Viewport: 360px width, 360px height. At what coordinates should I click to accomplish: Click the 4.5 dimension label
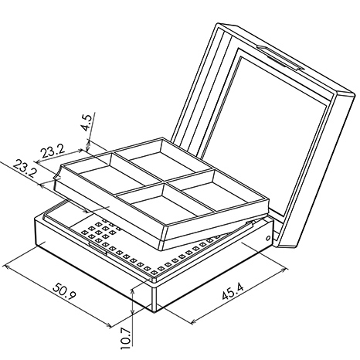[87, 123]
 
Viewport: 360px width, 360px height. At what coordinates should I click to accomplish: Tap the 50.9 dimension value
[64, 290]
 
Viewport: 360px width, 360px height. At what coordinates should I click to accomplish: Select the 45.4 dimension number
[233, 290]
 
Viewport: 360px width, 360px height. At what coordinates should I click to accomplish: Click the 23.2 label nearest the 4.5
[53, 151]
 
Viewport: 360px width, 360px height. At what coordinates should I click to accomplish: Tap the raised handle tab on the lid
[280, 58]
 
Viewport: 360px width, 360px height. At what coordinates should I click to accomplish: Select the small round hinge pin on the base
[268, 238]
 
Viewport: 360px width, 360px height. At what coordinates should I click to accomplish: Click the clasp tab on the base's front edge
[98, 248]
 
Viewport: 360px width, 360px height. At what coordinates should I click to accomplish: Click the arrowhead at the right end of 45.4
[284, 270]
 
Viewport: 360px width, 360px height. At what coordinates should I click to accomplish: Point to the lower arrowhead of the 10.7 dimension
[132, 311]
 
